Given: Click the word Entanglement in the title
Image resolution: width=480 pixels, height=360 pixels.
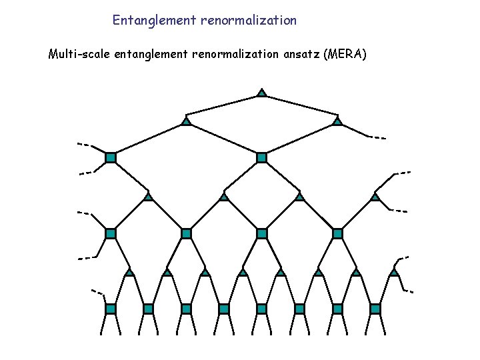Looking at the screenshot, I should point(153,21).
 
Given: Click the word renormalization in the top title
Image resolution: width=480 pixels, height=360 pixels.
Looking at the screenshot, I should point(247,21).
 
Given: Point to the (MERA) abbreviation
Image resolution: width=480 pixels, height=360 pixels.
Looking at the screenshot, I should point(344,54).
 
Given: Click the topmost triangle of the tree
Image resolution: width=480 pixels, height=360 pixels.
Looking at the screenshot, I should point(262,92).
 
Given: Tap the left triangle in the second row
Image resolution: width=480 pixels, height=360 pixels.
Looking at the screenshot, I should point(187,121).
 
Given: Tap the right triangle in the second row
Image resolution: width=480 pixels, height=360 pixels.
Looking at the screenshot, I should point(337,121).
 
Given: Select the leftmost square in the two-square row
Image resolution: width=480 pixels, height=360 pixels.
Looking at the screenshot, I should point(111,157).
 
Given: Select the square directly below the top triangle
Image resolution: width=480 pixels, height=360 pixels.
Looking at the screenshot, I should point(262,157).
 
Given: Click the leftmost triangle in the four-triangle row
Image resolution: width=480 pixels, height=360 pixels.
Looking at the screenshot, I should point(148,197).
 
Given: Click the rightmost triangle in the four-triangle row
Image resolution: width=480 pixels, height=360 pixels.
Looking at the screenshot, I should point(375,197).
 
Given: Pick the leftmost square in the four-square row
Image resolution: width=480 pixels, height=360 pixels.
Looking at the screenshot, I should point(111,233).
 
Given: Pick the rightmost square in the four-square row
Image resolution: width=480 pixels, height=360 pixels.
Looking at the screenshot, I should point(337,233).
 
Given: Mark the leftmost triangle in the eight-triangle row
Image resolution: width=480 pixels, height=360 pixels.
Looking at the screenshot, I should point(129,272).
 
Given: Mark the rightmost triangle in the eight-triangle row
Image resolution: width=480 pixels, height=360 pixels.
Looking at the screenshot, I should point(393,272).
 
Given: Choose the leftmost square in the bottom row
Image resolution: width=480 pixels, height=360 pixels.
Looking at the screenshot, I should point(111,309).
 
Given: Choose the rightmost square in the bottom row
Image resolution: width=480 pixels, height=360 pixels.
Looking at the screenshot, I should point(375,309).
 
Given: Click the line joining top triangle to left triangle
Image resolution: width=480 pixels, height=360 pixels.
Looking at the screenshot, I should point(224,107).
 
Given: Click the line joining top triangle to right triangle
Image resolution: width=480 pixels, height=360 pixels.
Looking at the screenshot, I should point(300,107).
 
